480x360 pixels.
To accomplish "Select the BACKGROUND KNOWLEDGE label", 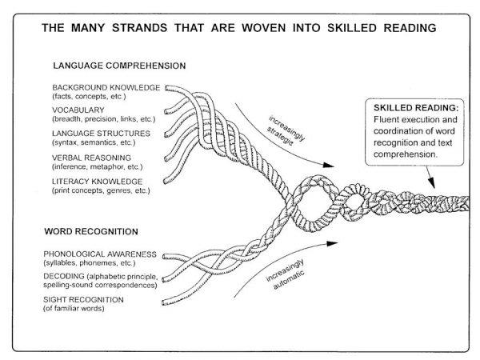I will click(106, 86).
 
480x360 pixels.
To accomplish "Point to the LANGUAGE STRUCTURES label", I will click(102, 133).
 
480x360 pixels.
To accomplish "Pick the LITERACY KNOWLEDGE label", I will click(97, 181).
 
